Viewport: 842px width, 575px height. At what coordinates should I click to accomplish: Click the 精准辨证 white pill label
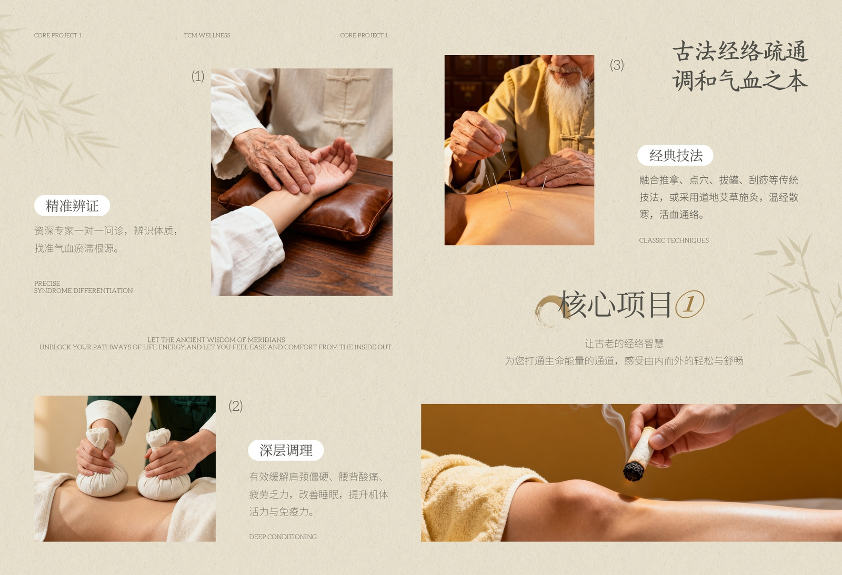[x=72, y=206]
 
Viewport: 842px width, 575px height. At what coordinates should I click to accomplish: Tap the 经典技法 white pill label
[x=675, y=155]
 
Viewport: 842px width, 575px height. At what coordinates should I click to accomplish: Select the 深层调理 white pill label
[x=286, y=450]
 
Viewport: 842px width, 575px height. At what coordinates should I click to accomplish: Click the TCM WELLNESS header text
[x=207, y=35]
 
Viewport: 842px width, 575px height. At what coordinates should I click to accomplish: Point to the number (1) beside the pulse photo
[x=198, y=76]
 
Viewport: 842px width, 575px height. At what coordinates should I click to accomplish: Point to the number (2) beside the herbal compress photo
[x=236, y=406]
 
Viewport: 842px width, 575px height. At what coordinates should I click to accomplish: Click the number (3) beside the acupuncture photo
[x=617, y=65]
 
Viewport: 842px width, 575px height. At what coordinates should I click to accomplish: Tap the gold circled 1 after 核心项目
[x=689, y=304]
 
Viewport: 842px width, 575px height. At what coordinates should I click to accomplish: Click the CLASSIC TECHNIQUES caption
[x=674, y=240]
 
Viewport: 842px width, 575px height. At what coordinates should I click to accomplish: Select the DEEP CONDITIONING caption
[x=283, y=537]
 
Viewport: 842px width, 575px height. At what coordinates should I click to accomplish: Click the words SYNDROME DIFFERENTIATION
[x=83, y=291]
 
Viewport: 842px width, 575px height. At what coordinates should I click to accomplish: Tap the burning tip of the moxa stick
[x=634, y=472]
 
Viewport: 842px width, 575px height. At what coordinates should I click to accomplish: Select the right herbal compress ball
[x=163, y=470]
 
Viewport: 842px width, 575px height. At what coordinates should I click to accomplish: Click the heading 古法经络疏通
[x=740, y=52]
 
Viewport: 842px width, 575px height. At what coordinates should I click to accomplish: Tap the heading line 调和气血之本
[x=740, y=81]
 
